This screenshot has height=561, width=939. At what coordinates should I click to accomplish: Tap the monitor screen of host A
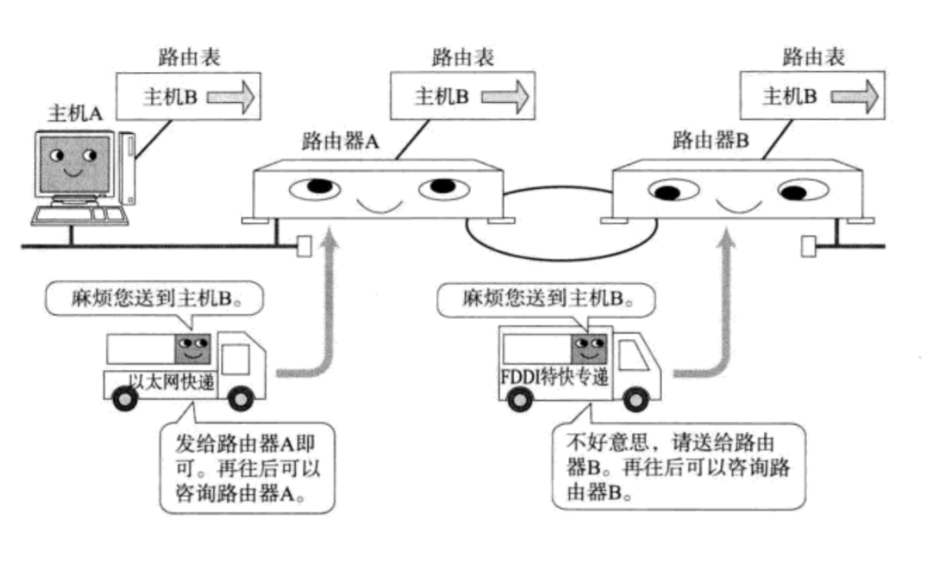point(73,166)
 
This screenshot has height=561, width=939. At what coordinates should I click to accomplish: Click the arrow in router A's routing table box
point(505,96)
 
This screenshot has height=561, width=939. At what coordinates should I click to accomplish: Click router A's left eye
point(314,188)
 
